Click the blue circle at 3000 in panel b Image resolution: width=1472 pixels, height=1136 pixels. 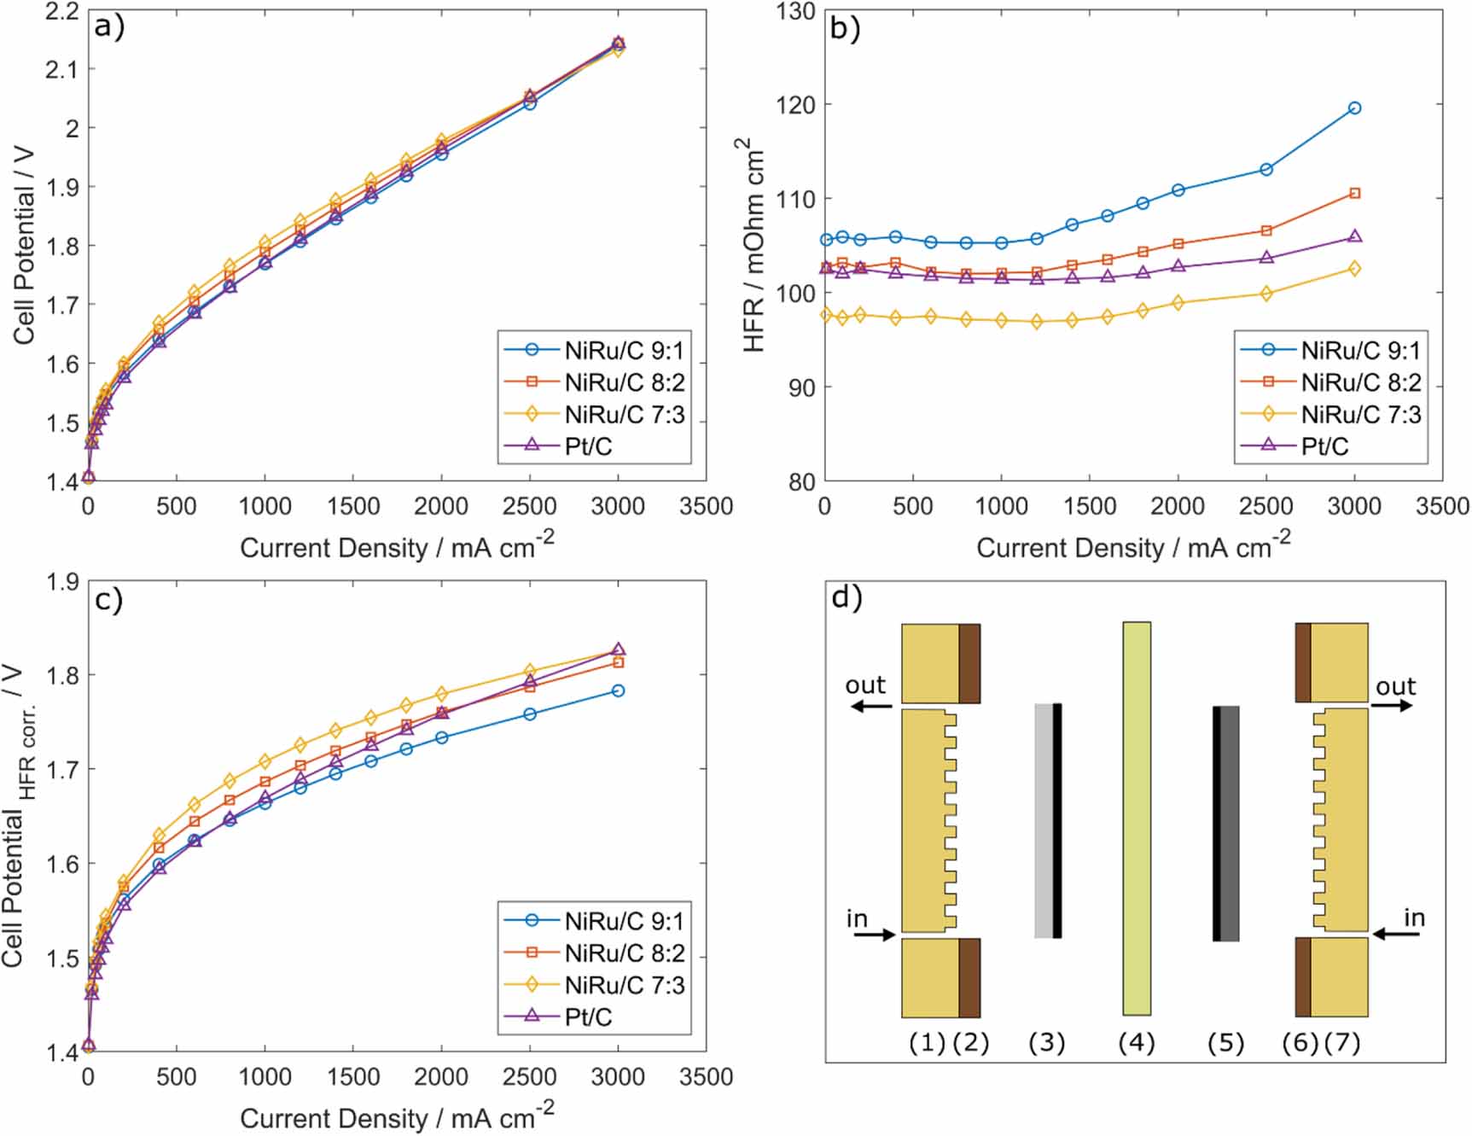click(x=1354, y=108)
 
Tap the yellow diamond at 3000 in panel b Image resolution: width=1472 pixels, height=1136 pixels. click(x=1354, y=269)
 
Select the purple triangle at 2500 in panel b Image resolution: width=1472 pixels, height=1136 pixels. click(x=1266, y=258)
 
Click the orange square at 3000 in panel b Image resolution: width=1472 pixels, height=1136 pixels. click(x=1354, y=194)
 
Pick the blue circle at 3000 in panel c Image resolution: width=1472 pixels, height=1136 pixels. click(x=618, y=690)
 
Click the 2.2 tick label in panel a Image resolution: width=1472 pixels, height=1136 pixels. click(x=61, y=12)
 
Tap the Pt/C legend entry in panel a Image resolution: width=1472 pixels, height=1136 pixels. click(x=588, y=446)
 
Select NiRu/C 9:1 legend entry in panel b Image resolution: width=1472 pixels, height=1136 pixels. click(x=1360, y=350)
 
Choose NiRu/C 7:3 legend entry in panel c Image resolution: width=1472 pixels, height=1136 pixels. click(x=624, y=985)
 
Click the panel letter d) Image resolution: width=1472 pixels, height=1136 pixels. click(x=847, y=598)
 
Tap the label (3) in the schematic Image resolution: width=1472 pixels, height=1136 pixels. click(x=1046, y=1042)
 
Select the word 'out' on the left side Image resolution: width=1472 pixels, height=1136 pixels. click(x=865, y=685)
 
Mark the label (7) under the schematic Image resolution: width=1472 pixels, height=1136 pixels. click(x=1342, y=1042)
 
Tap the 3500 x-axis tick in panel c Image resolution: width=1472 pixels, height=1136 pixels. click(x=706, y=1077)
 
